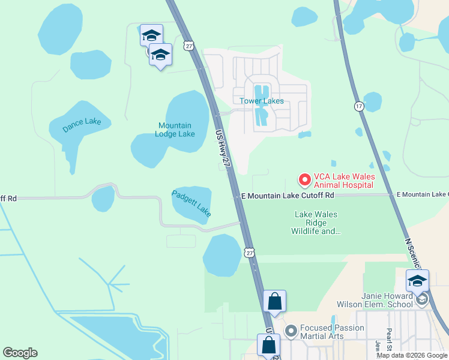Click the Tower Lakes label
click(x=262, y=101)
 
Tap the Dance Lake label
click(x=83, y=125)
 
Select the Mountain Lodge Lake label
click(x=176, y=130)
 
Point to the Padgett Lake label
click(x=191, y=203)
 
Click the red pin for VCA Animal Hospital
click(x=304, y=179)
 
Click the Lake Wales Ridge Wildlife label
click(x=316, y=223)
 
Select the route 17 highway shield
click(x=359, y=106)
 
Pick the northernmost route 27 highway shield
click(x=189, y=46)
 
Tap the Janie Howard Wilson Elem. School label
click(x=387, y=299)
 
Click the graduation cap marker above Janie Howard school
click(x=417, y=281)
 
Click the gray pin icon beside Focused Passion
click(x=291, y=331)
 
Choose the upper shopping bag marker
click(x=274, y=301)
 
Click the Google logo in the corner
click(x=20, y=353)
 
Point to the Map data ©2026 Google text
click(x=412, y=355)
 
